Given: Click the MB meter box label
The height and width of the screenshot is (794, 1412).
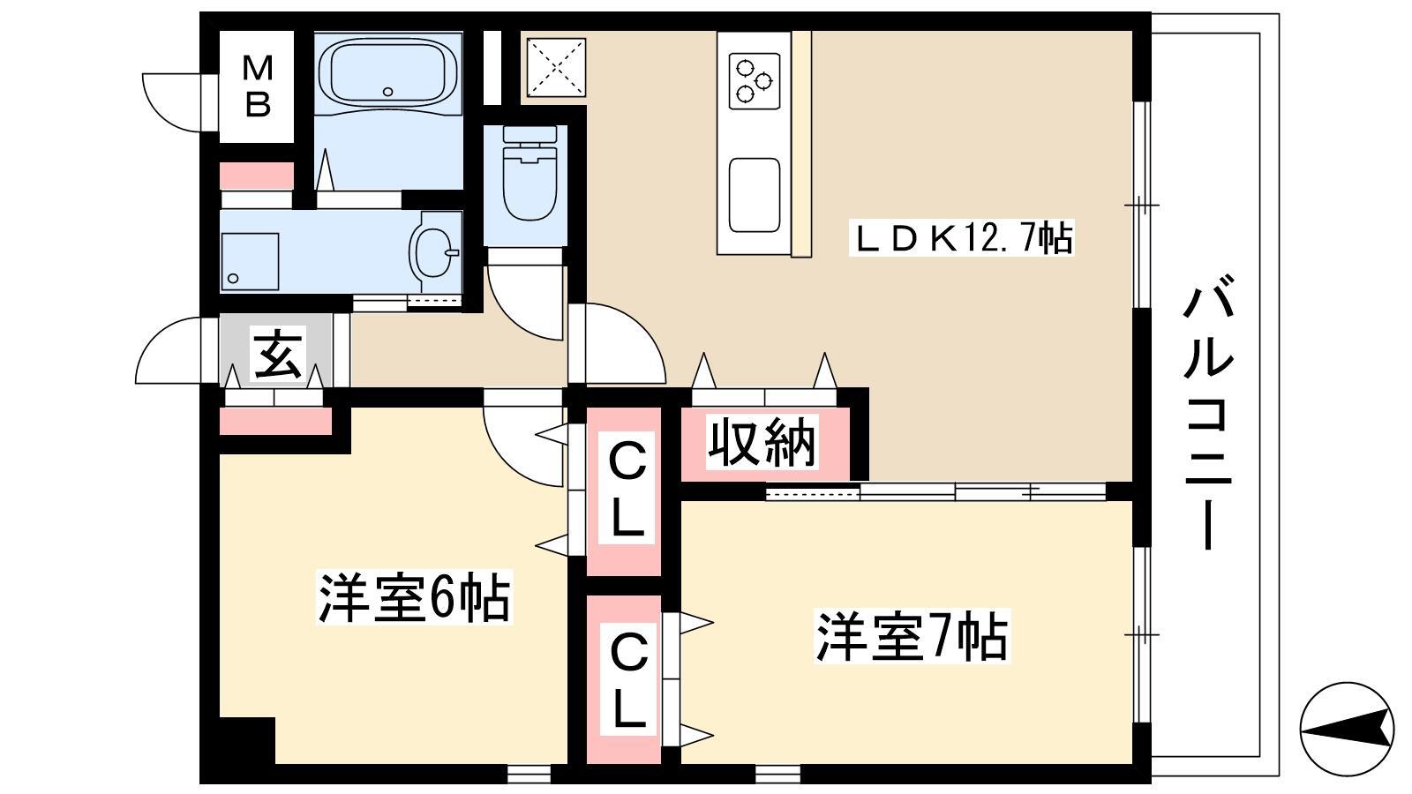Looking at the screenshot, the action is [x=257, y=86].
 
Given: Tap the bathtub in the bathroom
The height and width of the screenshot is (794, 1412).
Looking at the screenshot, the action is [x=388, y=71].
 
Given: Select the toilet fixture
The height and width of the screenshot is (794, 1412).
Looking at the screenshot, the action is [x=529, y=173].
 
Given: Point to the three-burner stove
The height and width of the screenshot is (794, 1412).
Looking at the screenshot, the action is [x=754, y=81].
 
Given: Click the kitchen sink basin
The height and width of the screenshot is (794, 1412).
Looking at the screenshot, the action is [x=754, y=195].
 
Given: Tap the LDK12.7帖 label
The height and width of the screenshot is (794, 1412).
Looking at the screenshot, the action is [x=962, y=237].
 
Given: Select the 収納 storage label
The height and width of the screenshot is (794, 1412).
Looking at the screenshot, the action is [x=762, y=442].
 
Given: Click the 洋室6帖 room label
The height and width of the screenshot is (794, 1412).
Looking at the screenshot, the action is [x=414, y=597].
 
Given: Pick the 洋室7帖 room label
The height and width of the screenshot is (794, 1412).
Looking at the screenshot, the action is [x=913, y=635].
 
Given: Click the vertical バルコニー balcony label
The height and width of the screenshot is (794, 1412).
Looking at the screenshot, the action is [x=1207, y=414].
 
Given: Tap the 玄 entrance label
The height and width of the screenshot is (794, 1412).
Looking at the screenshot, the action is [x=278, y=354].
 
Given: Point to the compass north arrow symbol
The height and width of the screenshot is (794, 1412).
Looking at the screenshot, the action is [x=1347, y=730].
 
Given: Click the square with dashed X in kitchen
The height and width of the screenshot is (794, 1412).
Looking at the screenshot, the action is [x=556, y=67].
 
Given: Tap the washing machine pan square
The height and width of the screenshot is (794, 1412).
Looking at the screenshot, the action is [x=250, y=261].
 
